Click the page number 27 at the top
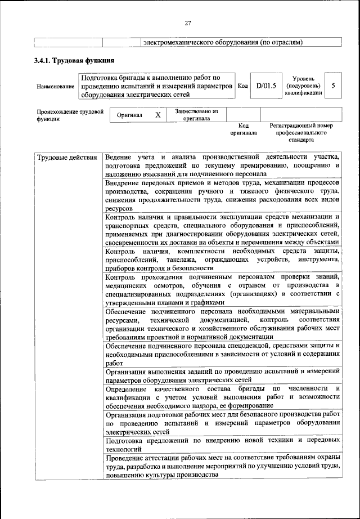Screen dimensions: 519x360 (188, 23)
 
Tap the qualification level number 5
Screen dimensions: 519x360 (334, 86)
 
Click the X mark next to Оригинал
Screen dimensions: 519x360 (158, 115)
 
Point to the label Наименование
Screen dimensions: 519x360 (55, 87)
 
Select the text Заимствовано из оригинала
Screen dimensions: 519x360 (196, 115)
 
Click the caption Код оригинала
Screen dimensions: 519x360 (243, 129)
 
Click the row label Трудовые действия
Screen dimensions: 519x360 (67, 157)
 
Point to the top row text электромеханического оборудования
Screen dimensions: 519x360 (223, 42)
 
